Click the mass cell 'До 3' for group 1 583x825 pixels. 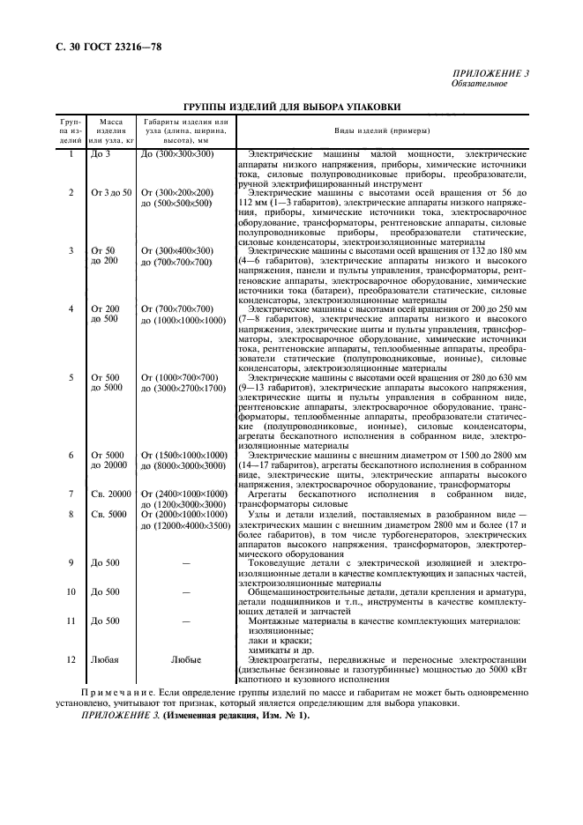[x=101, y=155]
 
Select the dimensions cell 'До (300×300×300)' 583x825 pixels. [x=177, y=155]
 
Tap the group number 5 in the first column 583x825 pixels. [x=71, y=377]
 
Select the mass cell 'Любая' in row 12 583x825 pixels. [x=104, y=658]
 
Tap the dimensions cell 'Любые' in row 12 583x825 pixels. [x=185, y=658]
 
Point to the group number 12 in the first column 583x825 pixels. [x=71, y=658]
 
